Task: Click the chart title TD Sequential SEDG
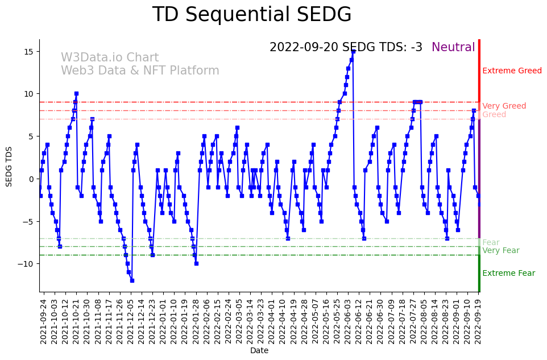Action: pos(252,15)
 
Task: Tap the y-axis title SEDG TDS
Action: pos(9,166)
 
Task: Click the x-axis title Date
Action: pos(259,351)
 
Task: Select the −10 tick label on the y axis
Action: pos(26,264)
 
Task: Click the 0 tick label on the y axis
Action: pos(31,179)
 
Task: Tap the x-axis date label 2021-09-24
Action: pos(43,321)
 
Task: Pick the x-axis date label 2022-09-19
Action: pos(479,321)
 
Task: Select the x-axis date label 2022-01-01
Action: pos(163,321)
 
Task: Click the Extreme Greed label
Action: pos(512,71)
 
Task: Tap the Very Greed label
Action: pos(504,106)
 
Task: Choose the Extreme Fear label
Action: pos(508,274)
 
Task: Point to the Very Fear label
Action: pos(500,251)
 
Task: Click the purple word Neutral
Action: pos(453,48)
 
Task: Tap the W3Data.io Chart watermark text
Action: pos(110,58)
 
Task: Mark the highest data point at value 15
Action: pos(353,51)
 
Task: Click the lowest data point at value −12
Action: pos(132,280)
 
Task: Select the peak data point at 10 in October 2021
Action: pos(76,94)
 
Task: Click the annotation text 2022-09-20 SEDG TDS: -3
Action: pos(346,48)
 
